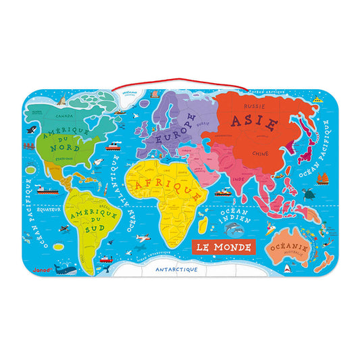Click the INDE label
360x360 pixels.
coord(238,179)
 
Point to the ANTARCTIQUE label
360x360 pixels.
coord(176,269)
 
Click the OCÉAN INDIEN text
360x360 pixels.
coord(236,217)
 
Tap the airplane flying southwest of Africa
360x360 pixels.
coord(142,238)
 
